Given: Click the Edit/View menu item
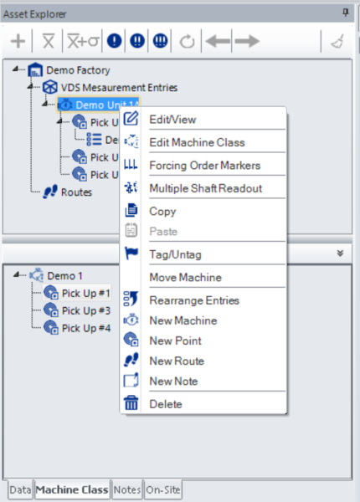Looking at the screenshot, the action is point(172,120).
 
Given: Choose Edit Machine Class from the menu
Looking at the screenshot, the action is point(197,142).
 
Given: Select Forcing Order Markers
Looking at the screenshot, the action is point(204,165).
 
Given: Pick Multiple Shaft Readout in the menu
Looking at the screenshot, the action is point(206,188).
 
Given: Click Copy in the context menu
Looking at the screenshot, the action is point(162,212).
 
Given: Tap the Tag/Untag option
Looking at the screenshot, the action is point(175,254).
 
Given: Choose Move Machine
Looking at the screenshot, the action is point(186,277).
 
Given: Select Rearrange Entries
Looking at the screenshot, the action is point(194,300).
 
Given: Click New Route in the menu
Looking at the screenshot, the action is point(177,361).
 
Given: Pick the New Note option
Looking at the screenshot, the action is point(173,381).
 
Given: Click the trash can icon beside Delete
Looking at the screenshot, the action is point(131,402).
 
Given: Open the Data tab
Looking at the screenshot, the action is point(20,489).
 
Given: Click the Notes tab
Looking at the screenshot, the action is point(126,489).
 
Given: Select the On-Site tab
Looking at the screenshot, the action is point(163,489).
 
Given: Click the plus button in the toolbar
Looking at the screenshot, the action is point(18,41).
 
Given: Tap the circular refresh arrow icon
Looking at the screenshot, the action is point(187,41).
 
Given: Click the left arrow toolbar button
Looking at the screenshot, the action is point(218,41).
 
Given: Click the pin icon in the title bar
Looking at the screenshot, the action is point(345,13).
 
